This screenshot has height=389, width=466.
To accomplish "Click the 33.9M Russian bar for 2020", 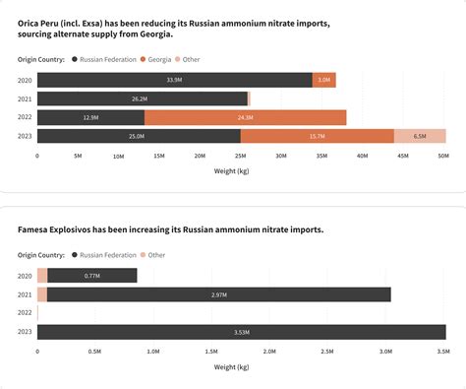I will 175,80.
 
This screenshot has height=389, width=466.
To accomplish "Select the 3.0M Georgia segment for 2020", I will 324,80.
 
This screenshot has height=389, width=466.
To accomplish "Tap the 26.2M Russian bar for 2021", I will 142,98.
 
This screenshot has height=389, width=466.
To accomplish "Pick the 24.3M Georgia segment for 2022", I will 245,117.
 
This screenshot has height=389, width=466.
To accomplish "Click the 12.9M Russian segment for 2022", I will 90,117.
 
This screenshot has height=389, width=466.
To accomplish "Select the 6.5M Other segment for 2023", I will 420,136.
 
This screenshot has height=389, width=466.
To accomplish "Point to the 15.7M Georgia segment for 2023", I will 318,136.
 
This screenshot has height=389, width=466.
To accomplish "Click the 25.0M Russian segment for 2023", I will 139,136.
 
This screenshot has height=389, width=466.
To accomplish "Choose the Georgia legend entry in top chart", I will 160,59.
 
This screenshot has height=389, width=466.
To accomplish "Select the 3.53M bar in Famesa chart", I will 241,332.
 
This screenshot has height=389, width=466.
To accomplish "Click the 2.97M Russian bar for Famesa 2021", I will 219,294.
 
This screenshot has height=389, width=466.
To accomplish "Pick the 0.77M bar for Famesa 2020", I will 92,276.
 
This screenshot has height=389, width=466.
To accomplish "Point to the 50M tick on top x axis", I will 442,156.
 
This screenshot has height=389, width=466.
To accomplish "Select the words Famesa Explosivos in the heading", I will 58,229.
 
